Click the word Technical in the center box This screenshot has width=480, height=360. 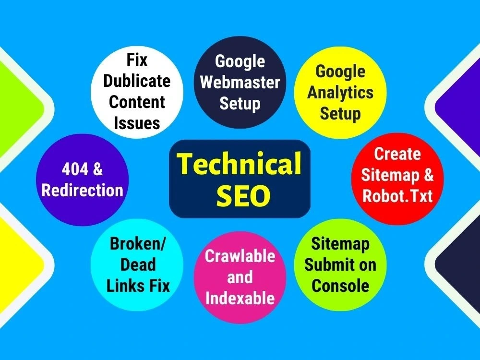click(x=240, y=164)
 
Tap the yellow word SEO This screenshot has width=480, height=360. click(x=243, y=196)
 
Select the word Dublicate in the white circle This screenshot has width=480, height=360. click(x=137, y=81)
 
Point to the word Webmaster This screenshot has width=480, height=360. click(x=240, y=83)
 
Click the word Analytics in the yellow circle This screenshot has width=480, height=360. click(x=340, y=93)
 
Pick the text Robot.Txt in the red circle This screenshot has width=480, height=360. click(x=397, y=196)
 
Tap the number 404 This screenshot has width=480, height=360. click(x=75, y=169)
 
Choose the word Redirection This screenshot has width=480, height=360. click(x=82, y=190)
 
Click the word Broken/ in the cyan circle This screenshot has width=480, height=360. click(x=137, y=244)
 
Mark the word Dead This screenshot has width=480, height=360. click(x=138, y=265)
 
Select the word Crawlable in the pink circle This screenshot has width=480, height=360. click(x=240, y=256)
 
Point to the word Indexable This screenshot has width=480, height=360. click(x=240, y=298)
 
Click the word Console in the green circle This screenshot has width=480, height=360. click(x=340, y=286)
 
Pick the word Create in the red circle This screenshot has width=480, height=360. click(x=397, y=154)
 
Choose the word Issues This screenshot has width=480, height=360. click(x=137, y=123)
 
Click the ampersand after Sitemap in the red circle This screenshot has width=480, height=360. click(x=429, y=175)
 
